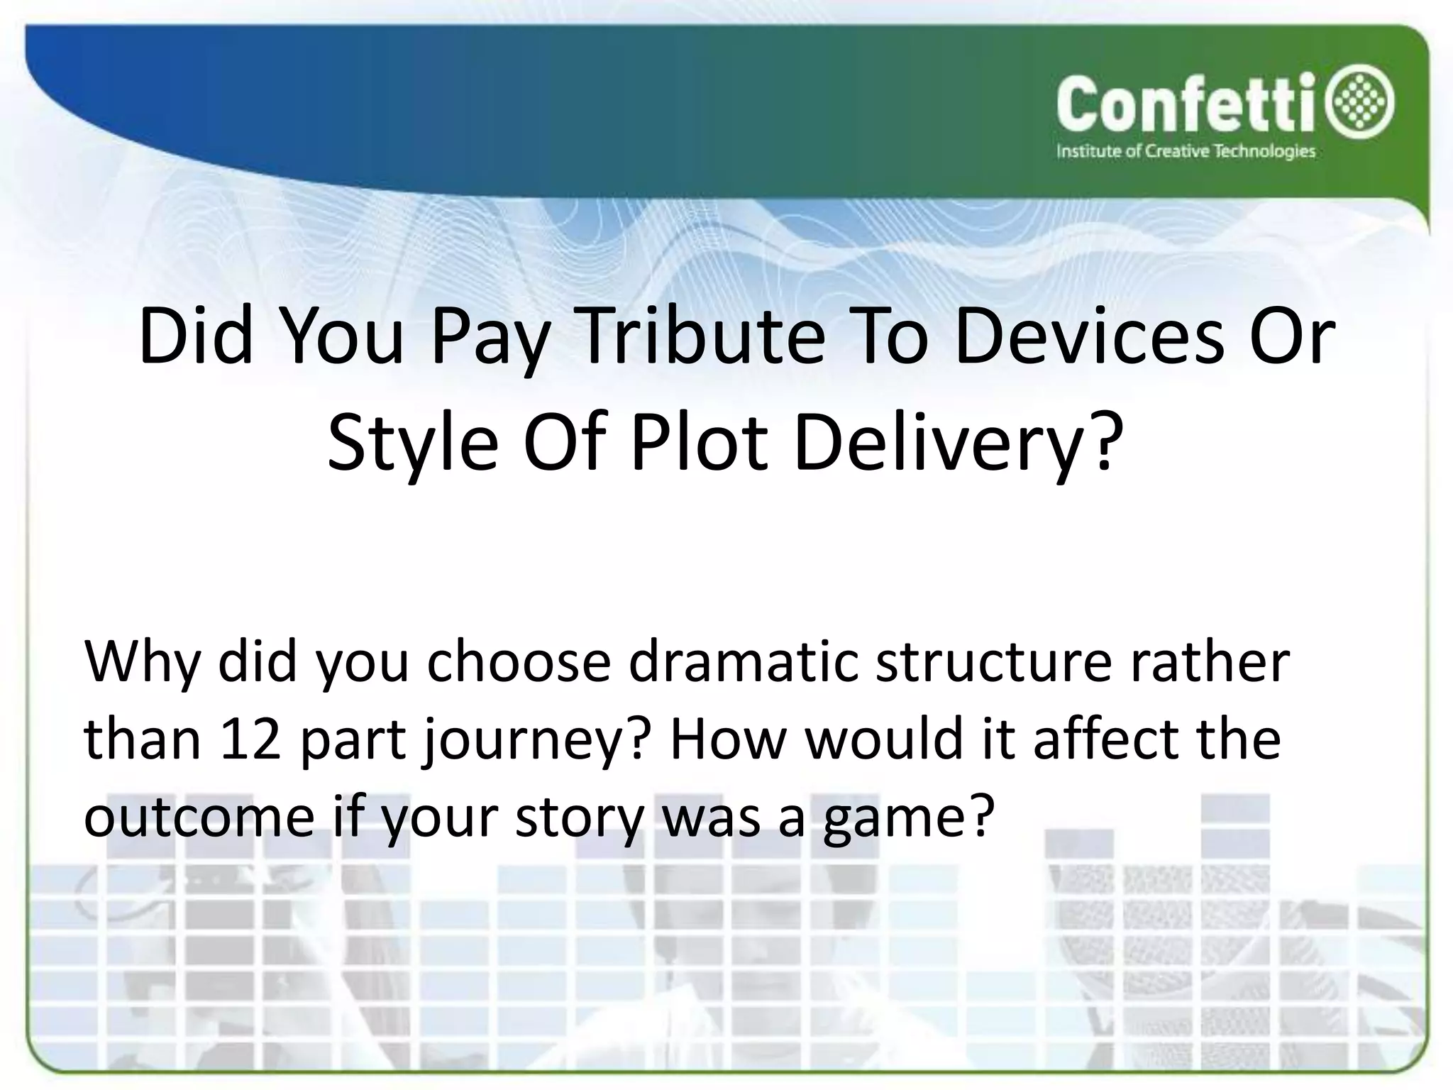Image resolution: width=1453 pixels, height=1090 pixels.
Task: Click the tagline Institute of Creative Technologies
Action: point(1186,152)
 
